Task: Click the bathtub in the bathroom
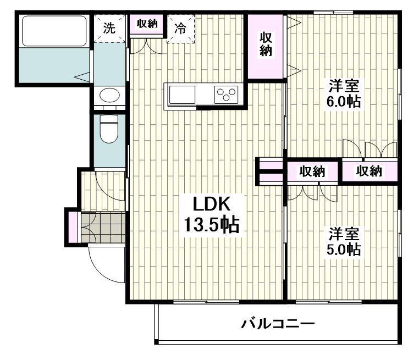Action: click(54, 31)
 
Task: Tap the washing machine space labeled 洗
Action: click(109, 28)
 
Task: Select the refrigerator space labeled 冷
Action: click(180, 29)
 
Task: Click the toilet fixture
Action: click(109, 129)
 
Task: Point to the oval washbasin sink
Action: click(109, 95)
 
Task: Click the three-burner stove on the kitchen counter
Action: click(226, 95)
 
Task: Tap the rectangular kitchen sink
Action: click(182, 95)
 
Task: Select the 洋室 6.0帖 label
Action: click(344, 93)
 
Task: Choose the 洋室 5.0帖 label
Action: click(344, 241)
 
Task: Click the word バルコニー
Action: click(278, 324)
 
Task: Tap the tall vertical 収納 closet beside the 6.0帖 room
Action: click(266, 46)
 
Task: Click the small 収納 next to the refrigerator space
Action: click(147, 24)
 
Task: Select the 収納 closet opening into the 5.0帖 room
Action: click(312, 171)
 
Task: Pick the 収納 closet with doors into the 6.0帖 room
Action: click(370, 171)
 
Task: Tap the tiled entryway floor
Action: click(103, 228)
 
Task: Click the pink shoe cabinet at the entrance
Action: click(73, 227)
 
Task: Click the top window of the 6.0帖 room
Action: click(333, 12)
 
